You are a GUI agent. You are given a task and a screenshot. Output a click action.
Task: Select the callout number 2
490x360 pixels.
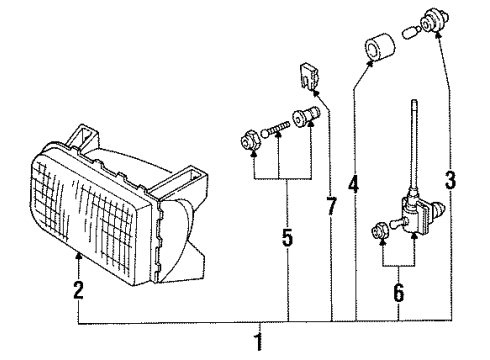79,290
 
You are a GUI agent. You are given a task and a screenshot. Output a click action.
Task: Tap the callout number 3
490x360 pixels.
450,180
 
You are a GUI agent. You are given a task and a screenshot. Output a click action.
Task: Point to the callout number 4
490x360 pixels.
354,184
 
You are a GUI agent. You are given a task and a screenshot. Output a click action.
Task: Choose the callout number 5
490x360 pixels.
287,237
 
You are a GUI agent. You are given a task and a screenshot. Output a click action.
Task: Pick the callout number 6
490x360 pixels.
399,293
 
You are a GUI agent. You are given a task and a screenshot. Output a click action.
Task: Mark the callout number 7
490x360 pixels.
331,206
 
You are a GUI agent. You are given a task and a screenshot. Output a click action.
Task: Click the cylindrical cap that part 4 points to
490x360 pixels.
380,47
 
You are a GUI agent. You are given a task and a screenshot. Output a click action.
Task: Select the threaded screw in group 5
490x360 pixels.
275,129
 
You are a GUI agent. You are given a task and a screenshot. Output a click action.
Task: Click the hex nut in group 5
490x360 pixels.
248,142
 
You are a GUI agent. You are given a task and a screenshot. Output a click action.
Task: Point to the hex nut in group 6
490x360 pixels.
380,231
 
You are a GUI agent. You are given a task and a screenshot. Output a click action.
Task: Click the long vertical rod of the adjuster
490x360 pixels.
414,146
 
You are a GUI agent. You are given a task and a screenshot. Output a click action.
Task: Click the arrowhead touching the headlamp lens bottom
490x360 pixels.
79,256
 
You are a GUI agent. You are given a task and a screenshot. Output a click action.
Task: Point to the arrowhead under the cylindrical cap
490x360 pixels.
370,63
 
